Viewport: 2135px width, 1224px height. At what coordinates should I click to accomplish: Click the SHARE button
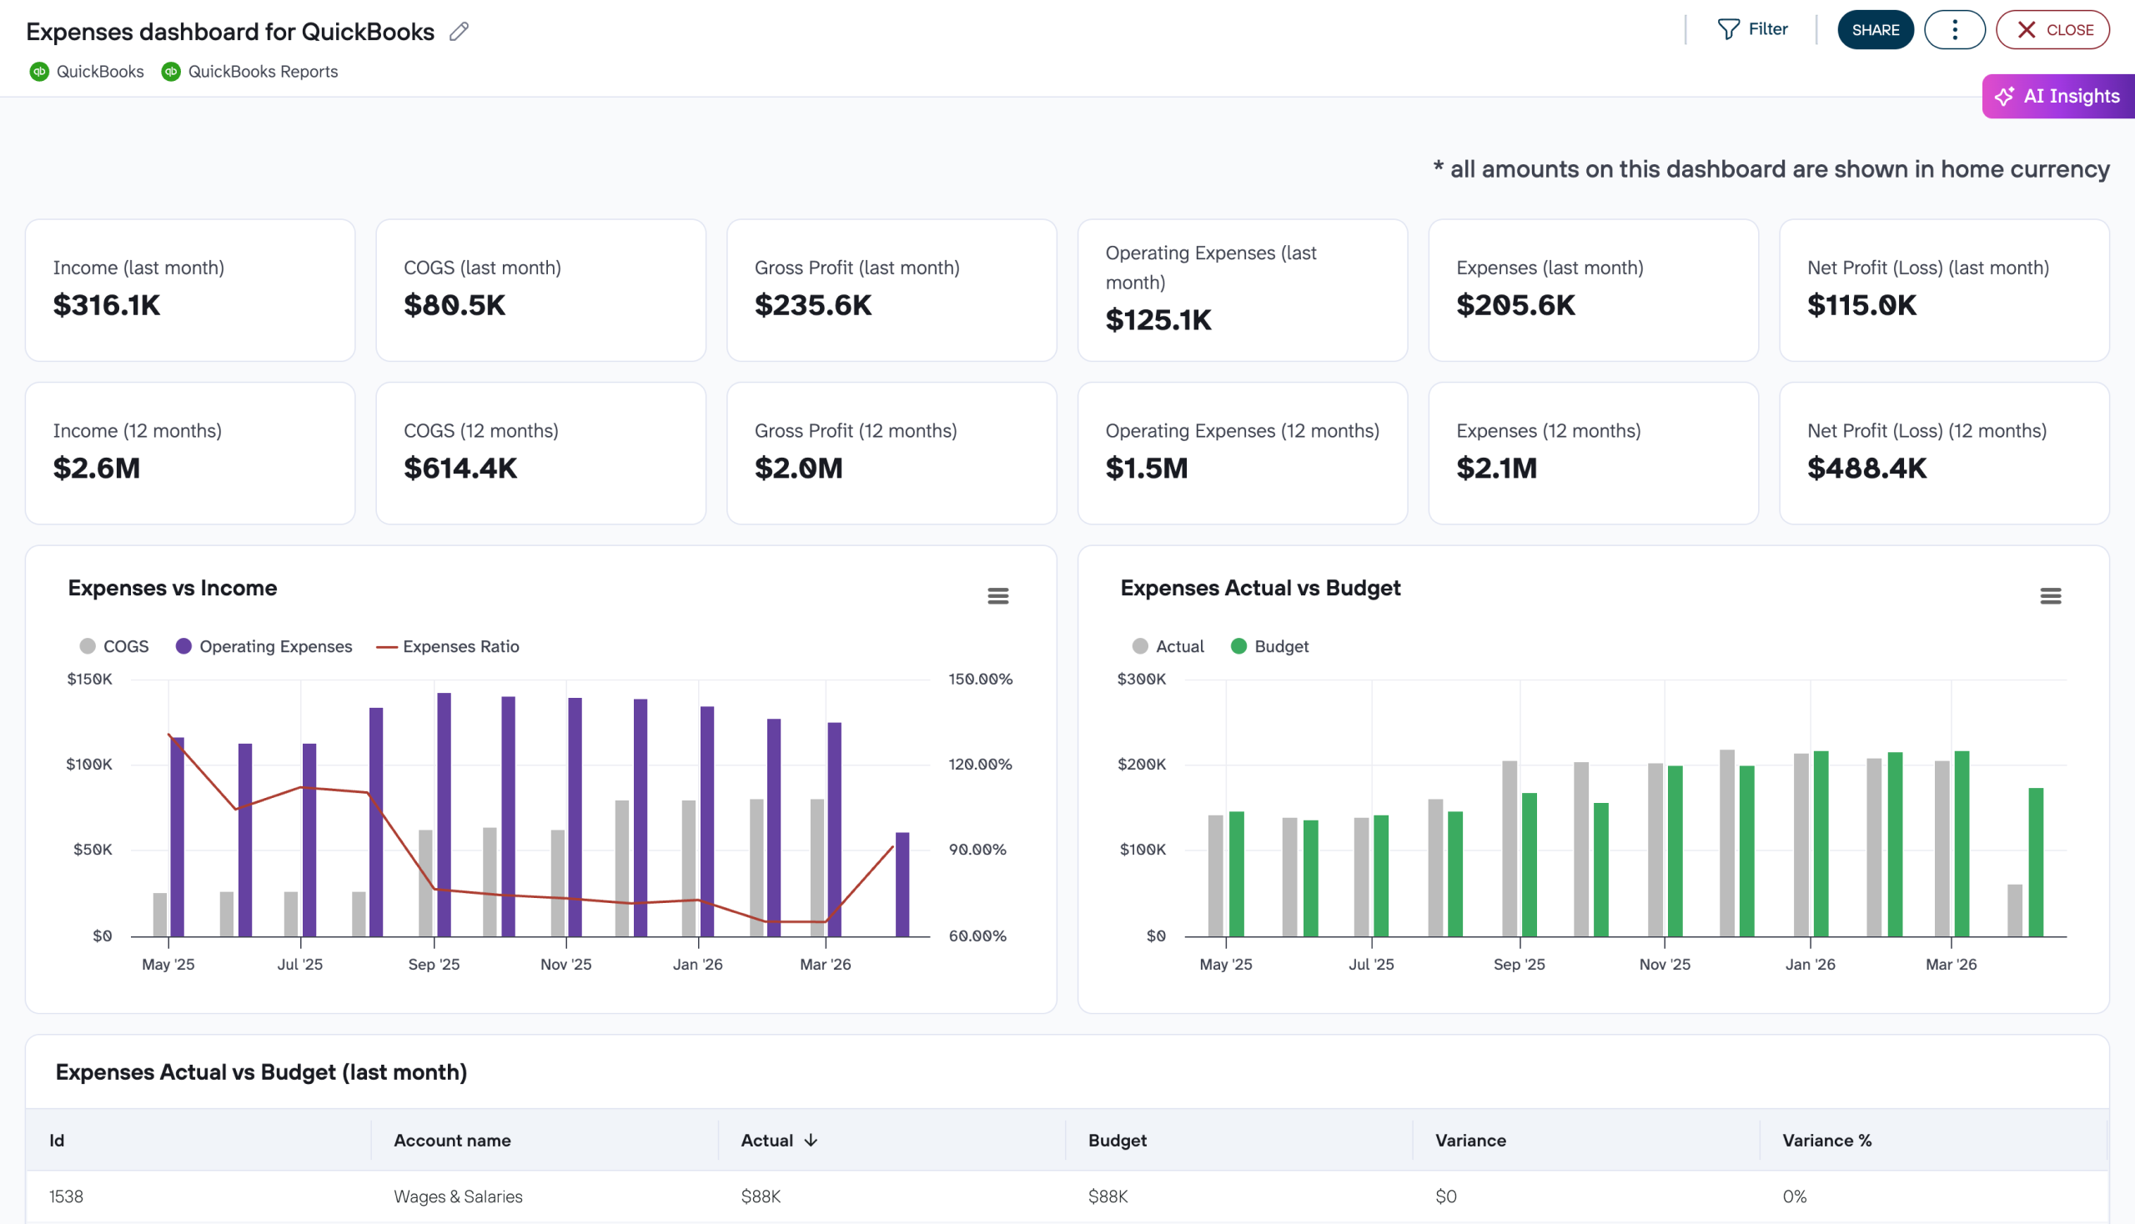point(1874,30)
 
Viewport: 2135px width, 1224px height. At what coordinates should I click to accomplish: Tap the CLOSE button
point(2052,30)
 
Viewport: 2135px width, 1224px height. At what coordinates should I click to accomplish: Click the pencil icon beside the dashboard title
point(459,32)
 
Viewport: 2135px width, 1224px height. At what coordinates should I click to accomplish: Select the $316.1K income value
point(107,305)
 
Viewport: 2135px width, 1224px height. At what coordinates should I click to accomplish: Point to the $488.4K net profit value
point(1866,469)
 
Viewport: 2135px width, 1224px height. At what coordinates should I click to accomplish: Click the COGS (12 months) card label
point(481,430)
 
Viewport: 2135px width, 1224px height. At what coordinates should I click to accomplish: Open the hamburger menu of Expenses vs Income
point(997,596)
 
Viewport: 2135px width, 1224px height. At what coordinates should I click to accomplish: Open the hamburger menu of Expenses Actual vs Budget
point(2050,596)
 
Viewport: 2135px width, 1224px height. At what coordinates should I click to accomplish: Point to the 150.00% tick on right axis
point(980,680)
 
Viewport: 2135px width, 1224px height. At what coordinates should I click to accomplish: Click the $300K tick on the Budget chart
point(1140,680)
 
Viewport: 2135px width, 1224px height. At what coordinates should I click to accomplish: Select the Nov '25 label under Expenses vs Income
point(566,964)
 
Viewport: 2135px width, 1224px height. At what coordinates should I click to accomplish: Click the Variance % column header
point(1826,1141)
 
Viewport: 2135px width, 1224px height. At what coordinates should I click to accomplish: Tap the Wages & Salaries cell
point(459,1196)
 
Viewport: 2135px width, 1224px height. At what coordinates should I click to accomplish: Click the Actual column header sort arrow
point(811,1141)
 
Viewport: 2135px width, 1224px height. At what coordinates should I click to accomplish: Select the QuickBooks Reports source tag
point(262,73)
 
